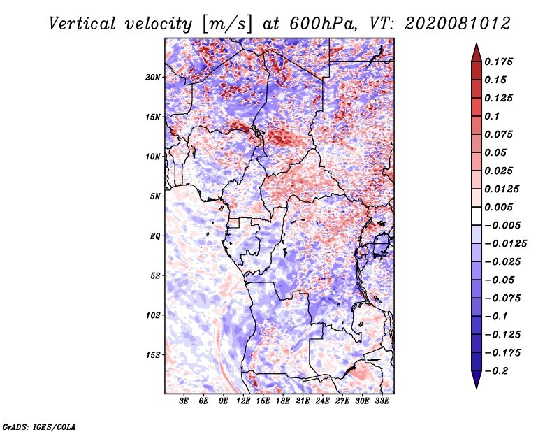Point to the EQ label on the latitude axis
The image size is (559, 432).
point(155,236)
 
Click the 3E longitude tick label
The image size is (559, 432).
point(184,401)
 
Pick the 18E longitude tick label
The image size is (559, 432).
point(283,401)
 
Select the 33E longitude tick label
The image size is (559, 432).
point(382,401)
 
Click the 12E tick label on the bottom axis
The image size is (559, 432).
point(243,401)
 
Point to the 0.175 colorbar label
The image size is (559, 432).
point(500,62)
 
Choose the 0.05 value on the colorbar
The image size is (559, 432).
point(497,152)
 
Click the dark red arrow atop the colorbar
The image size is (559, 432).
point(475,52)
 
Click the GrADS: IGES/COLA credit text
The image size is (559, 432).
point(39,426)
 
